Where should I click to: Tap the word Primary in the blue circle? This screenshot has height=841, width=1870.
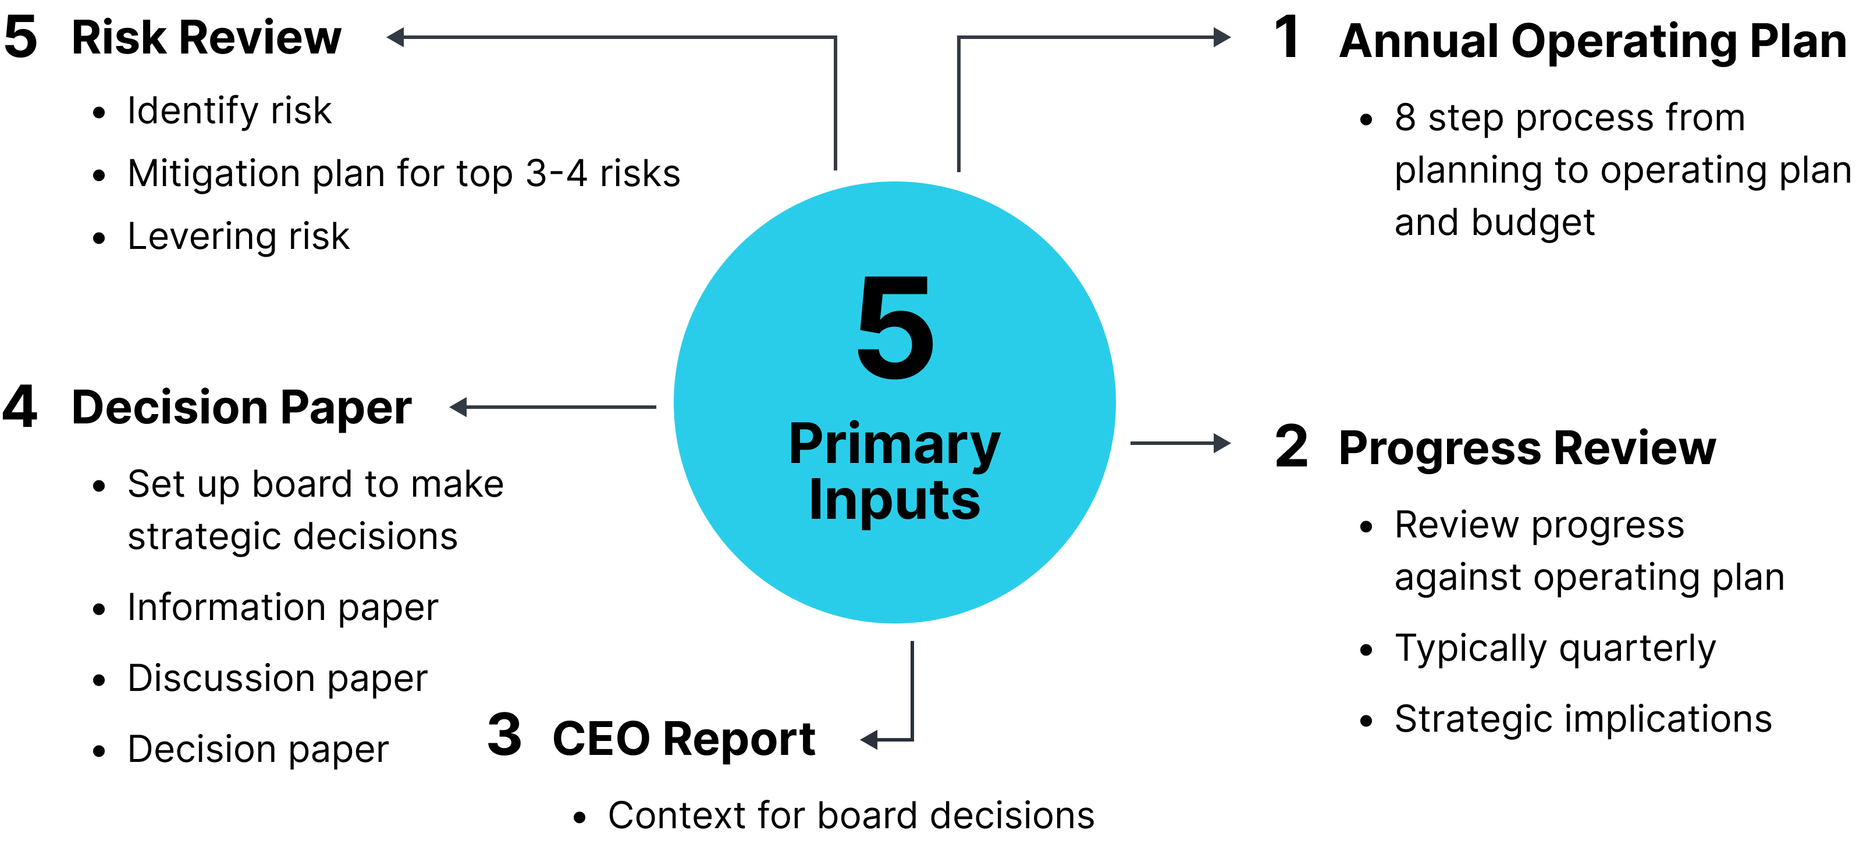pyautogui.click(x=894, y=445)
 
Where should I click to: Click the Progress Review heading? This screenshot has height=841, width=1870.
pyautogui.click(x=1527, y=448)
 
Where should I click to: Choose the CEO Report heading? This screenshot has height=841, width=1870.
pyautogui.click(x=684, y=739)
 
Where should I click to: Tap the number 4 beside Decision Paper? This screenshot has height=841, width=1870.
pyautogui.click(x=20, y=407)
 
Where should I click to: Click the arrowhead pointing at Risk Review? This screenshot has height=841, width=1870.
pyautogui.click(x=395, y=37)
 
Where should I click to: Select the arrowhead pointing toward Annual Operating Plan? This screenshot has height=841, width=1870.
pyautogui.click(x=1222, y=37)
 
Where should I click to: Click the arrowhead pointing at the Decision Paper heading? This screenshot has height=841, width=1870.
pyautogui.click(x=458, y=407)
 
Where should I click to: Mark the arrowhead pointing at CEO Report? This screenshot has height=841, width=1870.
pyautogui.click(x=869, y=739)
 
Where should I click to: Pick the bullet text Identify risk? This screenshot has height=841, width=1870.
pyautogui.click(x=229, y=112)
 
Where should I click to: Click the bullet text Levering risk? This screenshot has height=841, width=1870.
pyautogui.click(x=238, y=237)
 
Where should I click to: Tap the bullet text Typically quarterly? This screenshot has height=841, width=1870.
pyautogui.click(x=1555, y=648)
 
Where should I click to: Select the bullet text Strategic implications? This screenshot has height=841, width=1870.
pyautogui.click(x=1583, y=719)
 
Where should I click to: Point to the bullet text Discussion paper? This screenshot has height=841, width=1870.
pyautogui.click(x=278, y=679)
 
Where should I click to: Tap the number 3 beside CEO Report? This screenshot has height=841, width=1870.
pyautogui.click(x=504, y=735)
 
